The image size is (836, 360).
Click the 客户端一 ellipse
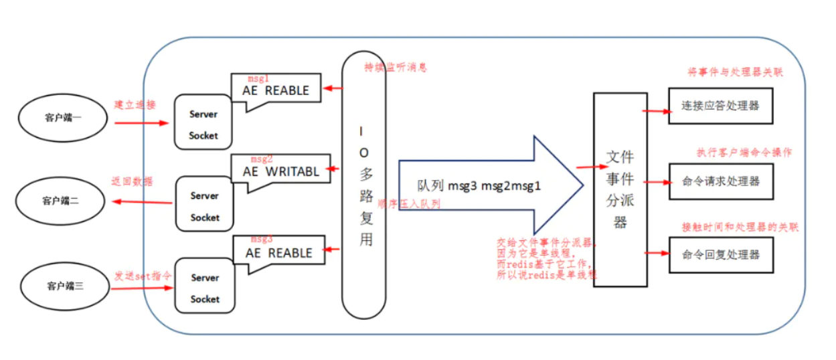[63, 118]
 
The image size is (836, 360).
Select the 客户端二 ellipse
[60, 200]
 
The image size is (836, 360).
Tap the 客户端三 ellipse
[64, 285]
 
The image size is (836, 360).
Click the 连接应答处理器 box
[720, 106]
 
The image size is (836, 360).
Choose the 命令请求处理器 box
[720, 181]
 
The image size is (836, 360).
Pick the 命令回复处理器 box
[720, 254]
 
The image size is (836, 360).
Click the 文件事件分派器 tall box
[619, 189]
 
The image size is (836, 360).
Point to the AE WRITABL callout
[280, 171]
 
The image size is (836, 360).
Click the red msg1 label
[260, 78]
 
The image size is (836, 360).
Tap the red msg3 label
[262, 239]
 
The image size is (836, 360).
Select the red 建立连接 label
[135, 105]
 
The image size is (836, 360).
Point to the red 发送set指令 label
[143, 275]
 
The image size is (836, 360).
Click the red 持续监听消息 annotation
[395, 68]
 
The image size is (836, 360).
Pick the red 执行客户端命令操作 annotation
[744, 153]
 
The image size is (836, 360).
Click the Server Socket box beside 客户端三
[204, 288]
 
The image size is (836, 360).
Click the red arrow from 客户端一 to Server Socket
[141, 123]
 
